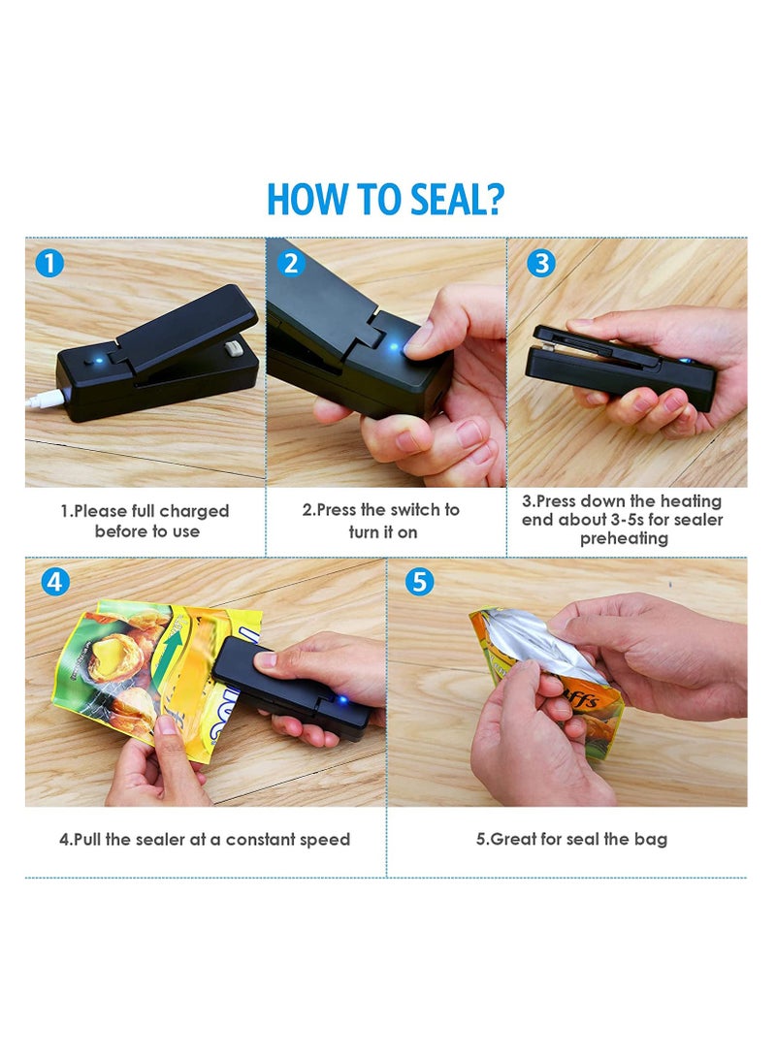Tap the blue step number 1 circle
click(x=49, y=262)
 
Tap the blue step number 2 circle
click(x=291, y=263)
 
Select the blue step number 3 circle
click(x=541, y=263)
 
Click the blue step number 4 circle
click(x=56, y=582)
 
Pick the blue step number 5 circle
click(x=419, y=582)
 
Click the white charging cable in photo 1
click(x=45, y=400)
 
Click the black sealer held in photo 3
click(x=621, y=376)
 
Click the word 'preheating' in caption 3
click(x=624, y=538)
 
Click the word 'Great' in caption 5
click(x=513, y=840)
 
